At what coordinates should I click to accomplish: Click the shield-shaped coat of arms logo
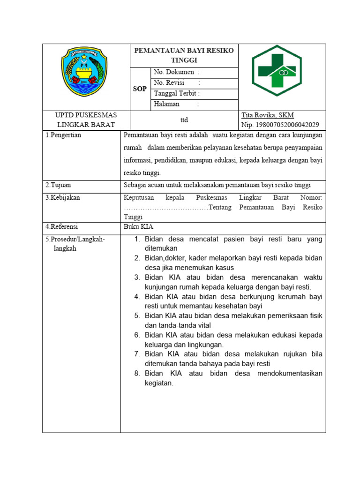click(x=84, y=72)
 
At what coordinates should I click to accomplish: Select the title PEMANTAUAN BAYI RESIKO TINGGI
click(x=184, y=55)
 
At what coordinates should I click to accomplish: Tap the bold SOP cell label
click(x=140, y=89)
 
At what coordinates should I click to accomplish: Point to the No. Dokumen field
click(x=176, y=72)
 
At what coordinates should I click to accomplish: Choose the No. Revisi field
click(x=177, y=82)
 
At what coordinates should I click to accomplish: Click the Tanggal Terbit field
click(x=177, y=93)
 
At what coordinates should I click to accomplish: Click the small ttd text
click(x=184, y=120)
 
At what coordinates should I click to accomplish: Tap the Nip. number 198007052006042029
click(x=280, y=125)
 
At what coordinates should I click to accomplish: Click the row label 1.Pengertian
click(x=63, y=135)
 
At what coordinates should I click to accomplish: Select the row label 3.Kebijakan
click(x=63, y=197)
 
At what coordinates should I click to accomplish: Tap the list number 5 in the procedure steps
click(x=137, y=315)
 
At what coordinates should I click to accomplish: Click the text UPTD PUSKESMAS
click(x=86, y=115)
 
